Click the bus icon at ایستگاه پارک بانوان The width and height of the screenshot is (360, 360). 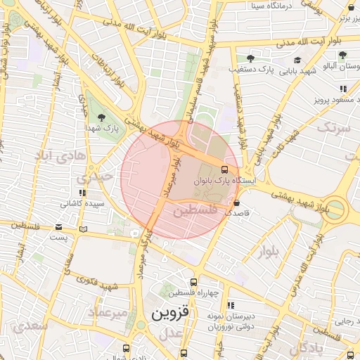pyautogui.click(x=224, y=169)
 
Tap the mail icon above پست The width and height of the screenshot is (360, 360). pyautogui.click(x=59, y=226)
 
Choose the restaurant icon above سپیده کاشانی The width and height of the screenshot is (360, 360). pyautogui.click(x=82, y=192)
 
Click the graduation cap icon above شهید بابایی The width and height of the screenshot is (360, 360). pyautogui.click(x=298, y=60)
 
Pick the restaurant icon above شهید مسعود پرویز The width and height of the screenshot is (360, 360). pyautogui.click(x=343, y=89)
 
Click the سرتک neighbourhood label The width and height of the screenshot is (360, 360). pyautogui.click(x=333, y=128)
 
